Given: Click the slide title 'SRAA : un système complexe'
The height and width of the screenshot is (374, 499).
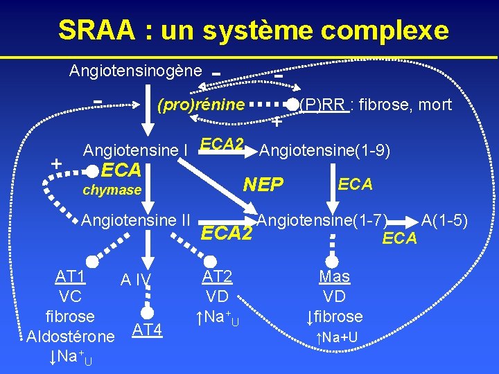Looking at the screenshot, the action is [x=253, y=30].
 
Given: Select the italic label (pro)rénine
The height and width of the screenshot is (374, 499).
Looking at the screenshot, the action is [x=201, y=105].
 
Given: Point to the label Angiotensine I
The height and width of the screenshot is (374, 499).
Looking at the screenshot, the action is [x=137, y=150].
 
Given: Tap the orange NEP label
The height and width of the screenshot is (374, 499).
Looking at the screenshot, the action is [x=263, y=184].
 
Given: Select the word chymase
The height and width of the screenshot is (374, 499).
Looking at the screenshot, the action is [x=112, y=190].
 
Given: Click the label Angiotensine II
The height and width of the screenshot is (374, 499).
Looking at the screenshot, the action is [x=136, y=221].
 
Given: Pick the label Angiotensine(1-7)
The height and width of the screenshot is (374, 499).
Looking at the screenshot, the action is [x=322, y=221].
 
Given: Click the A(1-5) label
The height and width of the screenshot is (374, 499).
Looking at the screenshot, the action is [x=446, y=221].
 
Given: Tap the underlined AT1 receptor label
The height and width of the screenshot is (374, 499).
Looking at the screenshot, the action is [x=71, y=277].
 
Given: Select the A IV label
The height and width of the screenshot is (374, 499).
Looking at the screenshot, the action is [x=135, y=280].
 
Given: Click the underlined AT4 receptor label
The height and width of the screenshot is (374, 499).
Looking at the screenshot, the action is [x=148, y=330].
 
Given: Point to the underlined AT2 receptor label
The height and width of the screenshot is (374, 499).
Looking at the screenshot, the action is [x=217, y=277].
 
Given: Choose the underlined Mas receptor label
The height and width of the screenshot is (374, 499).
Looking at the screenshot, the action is [x=334, y=277].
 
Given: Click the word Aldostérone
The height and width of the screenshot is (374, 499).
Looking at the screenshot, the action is [x=70, y=337].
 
